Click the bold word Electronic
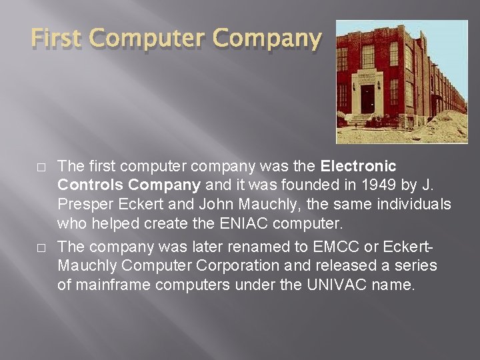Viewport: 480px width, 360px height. (x=359, y=165)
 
